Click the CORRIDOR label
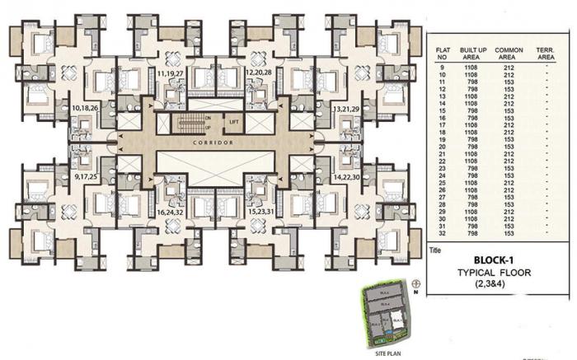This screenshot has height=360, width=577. [217, 142]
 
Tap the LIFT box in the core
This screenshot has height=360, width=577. [234, 122]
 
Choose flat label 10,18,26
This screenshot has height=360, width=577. [87, 108]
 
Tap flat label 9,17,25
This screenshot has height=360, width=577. [87, 176]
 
